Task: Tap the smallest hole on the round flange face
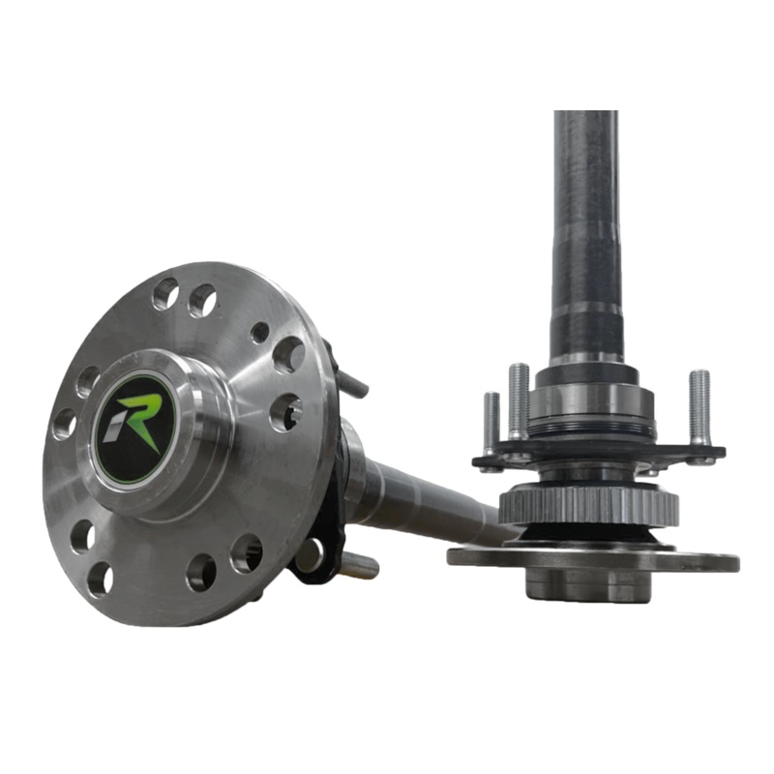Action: tap(259, 332)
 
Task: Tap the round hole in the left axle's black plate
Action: tap(310, 554)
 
